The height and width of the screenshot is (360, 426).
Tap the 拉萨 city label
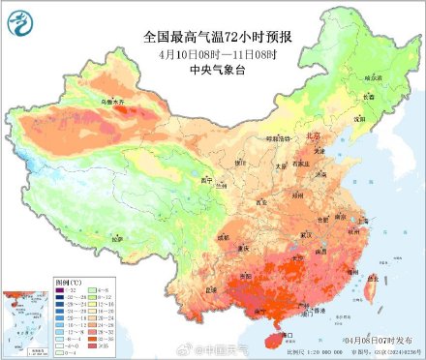click(117, 237)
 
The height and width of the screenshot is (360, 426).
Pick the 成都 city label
click(225, 235)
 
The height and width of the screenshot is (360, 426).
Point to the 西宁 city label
click(204, 180)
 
